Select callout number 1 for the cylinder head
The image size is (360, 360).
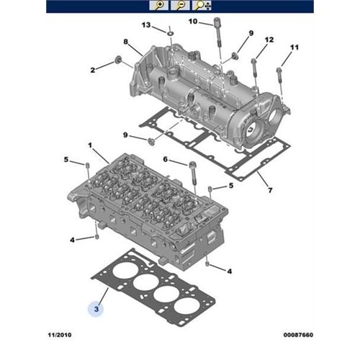coord(90,145)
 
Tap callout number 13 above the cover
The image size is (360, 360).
coord(146,25)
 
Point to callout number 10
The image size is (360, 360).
coord(192,22)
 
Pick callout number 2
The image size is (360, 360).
coord(93,70)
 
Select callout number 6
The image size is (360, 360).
coord(165,160)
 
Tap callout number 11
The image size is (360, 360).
coord(293,48)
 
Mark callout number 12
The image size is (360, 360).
coord(269,39)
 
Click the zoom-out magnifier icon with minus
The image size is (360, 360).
coord(181,6)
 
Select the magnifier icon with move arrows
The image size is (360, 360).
coord(204,6)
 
